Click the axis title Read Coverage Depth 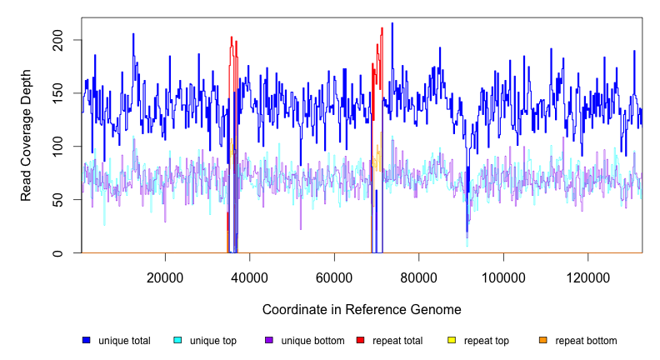coord(27,147)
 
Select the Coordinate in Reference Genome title coord(362,309)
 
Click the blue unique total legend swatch coord(86,340)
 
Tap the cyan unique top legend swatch coord(177,340)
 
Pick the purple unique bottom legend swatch coord(269,340)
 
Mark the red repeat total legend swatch coord(360,340)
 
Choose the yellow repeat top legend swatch coord(452,340)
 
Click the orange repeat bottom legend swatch coord(543,340)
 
